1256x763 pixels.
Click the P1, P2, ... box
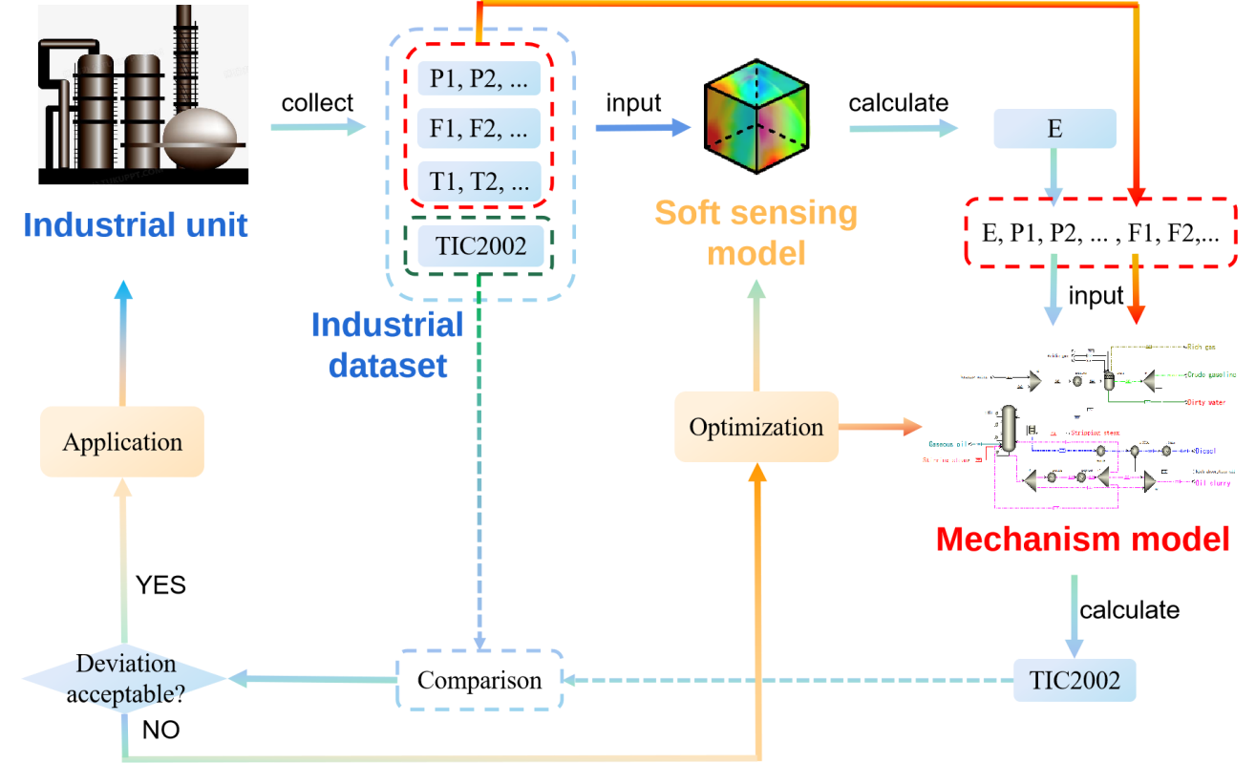[x=479, y=76]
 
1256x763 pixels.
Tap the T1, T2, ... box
[x=479, y=180]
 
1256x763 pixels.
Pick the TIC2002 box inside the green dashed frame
[x=480, y=246]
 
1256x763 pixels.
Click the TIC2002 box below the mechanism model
[x=1075, y=680]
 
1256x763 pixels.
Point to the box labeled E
[x=1054, y=129]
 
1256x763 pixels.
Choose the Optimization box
[x=756, y=427]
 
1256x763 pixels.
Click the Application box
[x=122, y=441]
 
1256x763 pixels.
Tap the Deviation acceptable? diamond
[x=125, y=679]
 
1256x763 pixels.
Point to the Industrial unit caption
[x=136, y=225]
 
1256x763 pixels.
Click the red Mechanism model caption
[x=1083, y=540]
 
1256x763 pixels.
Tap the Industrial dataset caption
[x=388, y=344]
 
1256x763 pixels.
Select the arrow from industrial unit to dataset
[x=318, y=127]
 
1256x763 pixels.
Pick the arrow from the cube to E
[x=903, y=128]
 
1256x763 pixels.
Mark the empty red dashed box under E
[x=1098, y=231]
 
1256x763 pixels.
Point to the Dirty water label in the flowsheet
[x=1204, y=403]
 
